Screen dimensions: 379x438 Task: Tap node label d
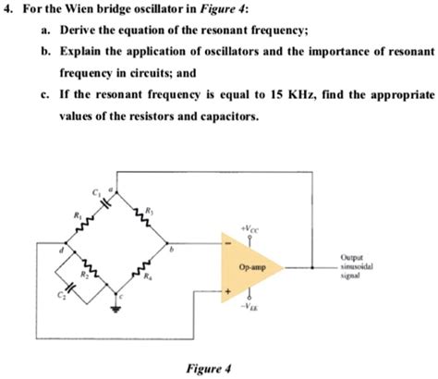pyautogui.click(x=60, y=248)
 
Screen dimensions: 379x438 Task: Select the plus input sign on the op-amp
pyautogui.click(x=226, y=294)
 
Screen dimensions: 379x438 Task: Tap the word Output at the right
pyautogui.click(x=351, y=257)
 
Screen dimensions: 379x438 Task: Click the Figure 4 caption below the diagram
pyautogui.click(x=208, y=367)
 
